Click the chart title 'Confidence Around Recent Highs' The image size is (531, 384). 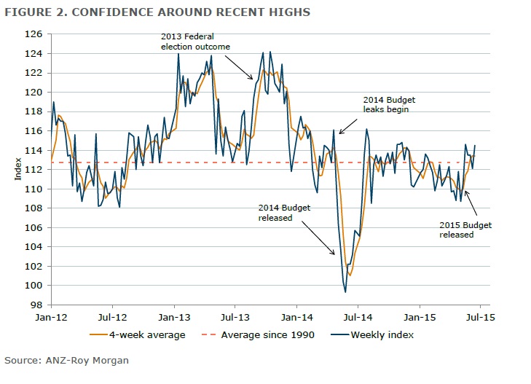pyautogui.click(x=157, y=12)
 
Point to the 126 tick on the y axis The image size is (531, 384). pyautogui.click(x=36, y=34)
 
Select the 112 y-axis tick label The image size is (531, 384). pyautogui.click(x=36, y=169)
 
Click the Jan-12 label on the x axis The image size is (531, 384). pyautogui.click(x=51, y=318)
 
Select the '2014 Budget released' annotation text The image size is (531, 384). pyautogui.click(x=285, y=212)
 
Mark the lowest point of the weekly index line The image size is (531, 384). pyautogui.click(x=345, y=292)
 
